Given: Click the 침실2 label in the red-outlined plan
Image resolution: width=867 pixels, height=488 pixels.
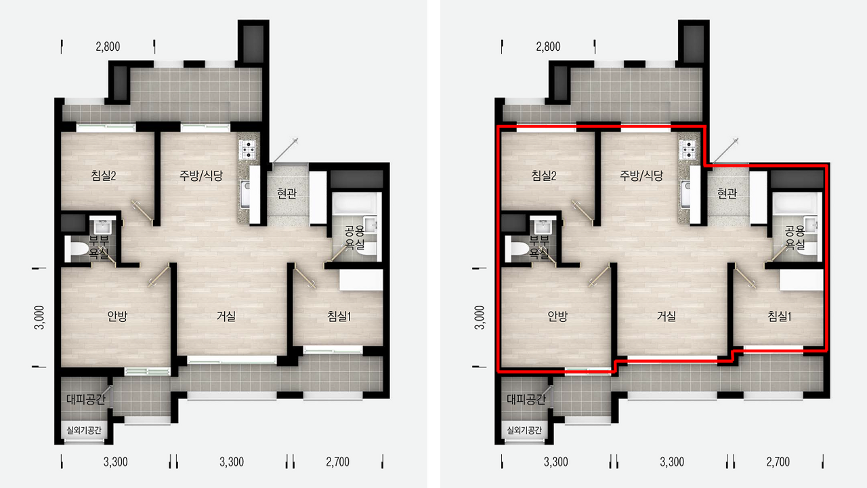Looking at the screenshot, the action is coord(544,176).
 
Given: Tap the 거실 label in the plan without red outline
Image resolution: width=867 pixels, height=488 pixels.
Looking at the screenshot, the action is coord(226,316).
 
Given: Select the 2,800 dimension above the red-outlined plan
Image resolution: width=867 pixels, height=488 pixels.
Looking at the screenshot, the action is coord(548,47).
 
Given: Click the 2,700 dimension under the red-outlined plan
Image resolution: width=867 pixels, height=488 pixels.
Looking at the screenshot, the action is coord(778,462).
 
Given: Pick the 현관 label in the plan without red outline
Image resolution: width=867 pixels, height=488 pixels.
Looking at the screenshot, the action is coord(287,193).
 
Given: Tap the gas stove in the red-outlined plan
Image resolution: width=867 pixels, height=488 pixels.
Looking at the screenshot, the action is coord(688,150).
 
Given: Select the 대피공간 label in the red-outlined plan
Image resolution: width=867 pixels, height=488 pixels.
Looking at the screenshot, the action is coord(526,399).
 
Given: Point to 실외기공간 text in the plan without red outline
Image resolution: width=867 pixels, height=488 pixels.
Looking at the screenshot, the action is coord(84,430).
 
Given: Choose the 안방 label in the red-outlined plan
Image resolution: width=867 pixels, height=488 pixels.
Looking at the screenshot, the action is coord(557,317).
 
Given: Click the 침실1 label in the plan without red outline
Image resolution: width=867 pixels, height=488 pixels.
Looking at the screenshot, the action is coord(339,317).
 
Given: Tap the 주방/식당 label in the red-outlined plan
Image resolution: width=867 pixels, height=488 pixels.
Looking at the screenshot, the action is coord(641,176).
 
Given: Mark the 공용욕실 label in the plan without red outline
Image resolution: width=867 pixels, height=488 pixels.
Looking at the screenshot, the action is coord(354,237).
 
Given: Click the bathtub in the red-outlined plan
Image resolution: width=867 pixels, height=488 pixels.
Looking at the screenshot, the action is coord(797,203).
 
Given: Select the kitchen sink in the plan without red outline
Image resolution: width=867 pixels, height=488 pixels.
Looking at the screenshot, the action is coord(246,193).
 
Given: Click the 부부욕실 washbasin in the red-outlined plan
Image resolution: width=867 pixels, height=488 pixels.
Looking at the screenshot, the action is coord(543,226).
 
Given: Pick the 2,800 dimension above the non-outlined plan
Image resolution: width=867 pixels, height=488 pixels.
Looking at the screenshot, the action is coord(108,47).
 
